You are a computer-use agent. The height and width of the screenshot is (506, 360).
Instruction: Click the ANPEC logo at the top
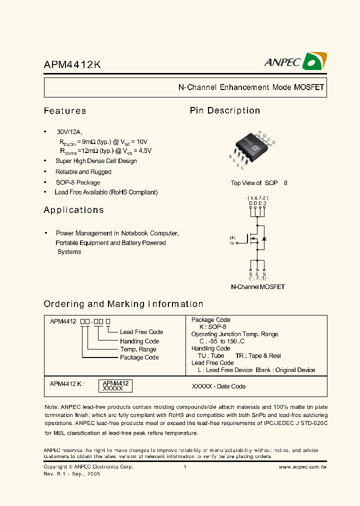coord(295,61)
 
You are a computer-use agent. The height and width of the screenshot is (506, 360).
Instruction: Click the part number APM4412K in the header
coord(72,65)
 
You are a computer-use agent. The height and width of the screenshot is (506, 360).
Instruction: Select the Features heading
coord(65,111)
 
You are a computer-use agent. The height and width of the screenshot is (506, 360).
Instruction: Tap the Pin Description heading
coord(224,110)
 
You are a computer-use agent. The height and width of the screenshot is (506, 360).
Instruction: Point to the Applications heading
coord(73,210)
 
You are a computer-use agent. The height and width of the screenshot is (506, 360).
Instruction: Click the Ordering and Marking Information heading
coord(123,304)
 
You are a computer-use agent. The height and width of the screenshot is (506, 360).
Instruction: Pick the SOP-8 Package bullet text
coord(77,182)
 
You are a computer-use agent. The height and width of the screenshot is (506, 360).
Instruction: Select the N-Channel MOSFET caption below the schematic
coord(257,287)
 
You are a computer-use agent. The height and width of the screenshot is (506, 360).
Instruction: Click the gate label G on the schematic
coord(231,242)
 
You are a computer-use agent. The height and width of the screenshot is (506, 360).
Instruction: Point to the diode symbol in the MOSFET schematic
coord(264,239)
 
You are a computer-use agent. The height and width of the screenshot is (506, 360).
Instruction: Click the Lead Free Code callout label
coord(141,332)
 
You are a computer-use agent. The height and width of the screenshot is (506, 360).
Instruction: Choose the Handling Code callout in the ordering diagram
coord(139,341)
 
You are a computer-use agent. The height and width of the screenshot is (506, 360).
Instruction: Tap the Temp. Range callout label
coord(138,349)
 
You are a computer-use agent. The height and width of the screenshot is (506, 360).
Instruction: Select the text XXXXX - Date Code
coord(218,386)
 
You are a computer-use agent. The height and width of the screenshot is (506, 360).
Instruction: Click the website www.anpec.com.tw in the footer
coord(302,467)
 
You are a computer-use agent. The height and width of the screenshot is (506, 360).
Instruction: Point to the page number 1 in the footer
coord(185,467)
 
